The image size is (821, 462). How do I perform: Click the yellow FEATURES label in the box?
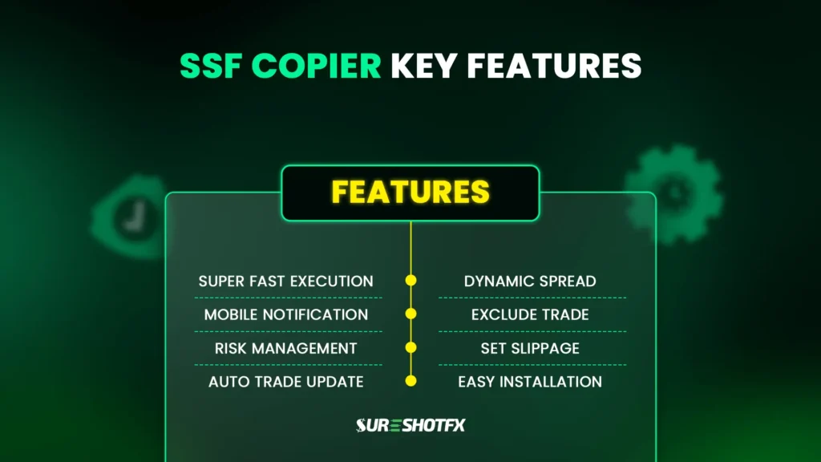[x=410, y=192]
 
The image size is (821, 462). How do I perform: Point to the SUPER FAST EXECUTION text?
[x=286, y=282]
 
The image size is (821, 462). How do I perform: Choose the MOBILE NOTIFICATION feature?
[x=286, y=314]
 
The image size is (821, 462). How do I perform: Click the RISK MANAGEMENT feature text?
[x=286, y=348]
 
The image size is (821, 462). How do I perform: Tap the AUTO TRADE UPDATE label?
[x=286, y=382]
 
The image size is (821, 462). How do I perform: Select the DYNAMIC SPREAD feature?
[x=530, y=282]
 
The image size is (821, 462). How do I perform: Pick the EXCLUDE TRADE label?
[x=530, y=314]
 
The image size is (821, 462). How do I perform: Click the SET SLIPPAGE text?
[x=530, y=348]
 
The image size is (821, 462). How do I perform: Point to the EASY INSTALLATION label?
[x=530, y=382]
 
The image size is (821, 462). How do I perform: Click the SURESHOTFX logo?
[x=410, y=425]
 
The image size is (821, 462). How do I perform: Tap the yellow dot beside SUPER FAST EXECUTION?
[x=411, y=281]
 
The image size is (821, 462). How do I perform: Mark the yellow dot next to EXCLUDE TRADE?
[x=411, y=314]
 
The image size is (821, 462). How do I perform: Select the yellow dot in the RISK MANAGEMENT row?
[x=411, y=348]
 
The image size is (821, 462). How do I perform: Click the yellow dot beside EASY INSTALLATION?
[x=411, y=382]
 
